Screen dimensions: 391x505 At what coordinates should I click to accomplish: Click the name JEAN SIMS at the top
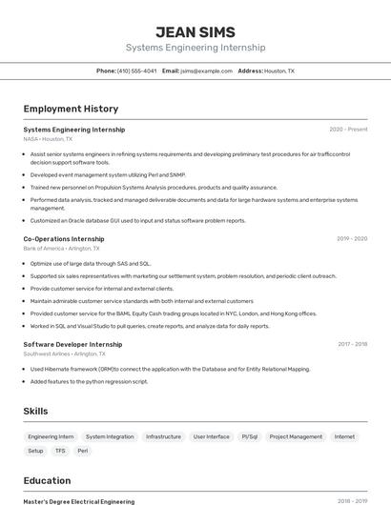pos(195,31)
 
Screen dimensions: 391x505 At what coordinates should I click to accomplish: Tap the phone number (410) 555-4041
pos(137,71)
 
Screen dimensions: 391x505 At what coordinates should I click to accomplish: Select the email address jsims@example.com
pos(207,71)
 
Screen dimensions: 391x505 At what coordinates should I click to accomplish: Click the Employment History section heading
pos(71,109)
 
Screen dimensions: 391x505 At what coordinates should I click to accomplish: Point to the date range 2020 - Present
pos(348,130)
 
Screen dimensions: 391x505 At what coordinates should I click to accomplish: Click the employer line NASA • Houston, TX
pos(48,139)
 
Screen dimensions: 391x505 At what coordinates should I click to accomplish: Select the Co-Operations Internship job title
pos(64,239)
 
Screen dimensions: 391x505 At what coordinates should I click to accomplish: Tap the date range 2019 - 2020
pos(352,239)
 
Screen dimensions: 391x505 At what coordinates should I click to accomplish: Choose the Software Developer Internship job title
pos(72,344)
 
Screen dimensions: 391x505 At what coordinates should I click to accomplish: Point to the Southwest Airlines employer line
pos(60,353)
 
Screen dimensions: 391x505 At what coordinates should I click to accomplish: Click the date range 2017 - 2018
pos(352,344)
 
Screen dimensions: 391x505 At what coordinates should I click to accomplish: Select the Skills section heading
pos(36,411)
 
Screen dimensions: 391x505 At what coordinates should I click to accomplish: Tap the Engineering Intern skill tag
pos(51,436)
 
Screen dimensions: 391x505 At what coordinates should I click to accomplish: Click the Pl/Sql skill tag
pos(250,436)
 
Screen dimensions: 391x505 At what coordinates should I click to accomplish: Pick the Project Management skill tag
pos(296,436)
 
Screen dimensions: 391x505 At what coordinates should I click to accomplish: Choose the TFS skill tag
pos(60,451)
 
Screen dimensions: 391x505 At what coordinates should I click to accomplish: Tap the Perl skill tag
pos(83,451)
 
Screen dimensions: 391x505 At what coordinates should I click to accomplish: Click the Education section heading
pos(48,480)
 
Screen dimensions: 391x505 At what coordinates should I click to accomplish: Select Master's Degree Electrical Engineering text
pos(79,501)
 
